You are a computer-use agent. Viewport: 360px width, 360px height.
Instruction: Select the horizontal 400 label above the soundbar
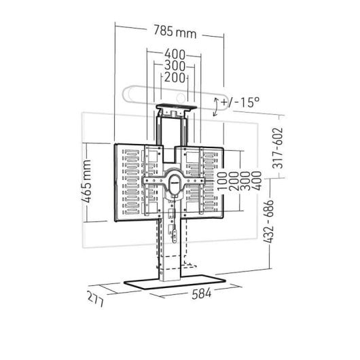pos(175,54)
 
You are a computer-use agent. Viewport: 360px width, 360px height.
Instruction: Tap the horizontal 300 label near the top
pos(175,67)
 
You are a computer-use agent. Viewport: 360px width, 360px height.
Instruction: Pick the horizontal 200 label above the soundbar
pos(175,78)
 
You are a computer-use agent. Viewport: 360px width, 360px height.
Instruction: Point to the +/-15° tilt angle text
pos(242,103)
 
